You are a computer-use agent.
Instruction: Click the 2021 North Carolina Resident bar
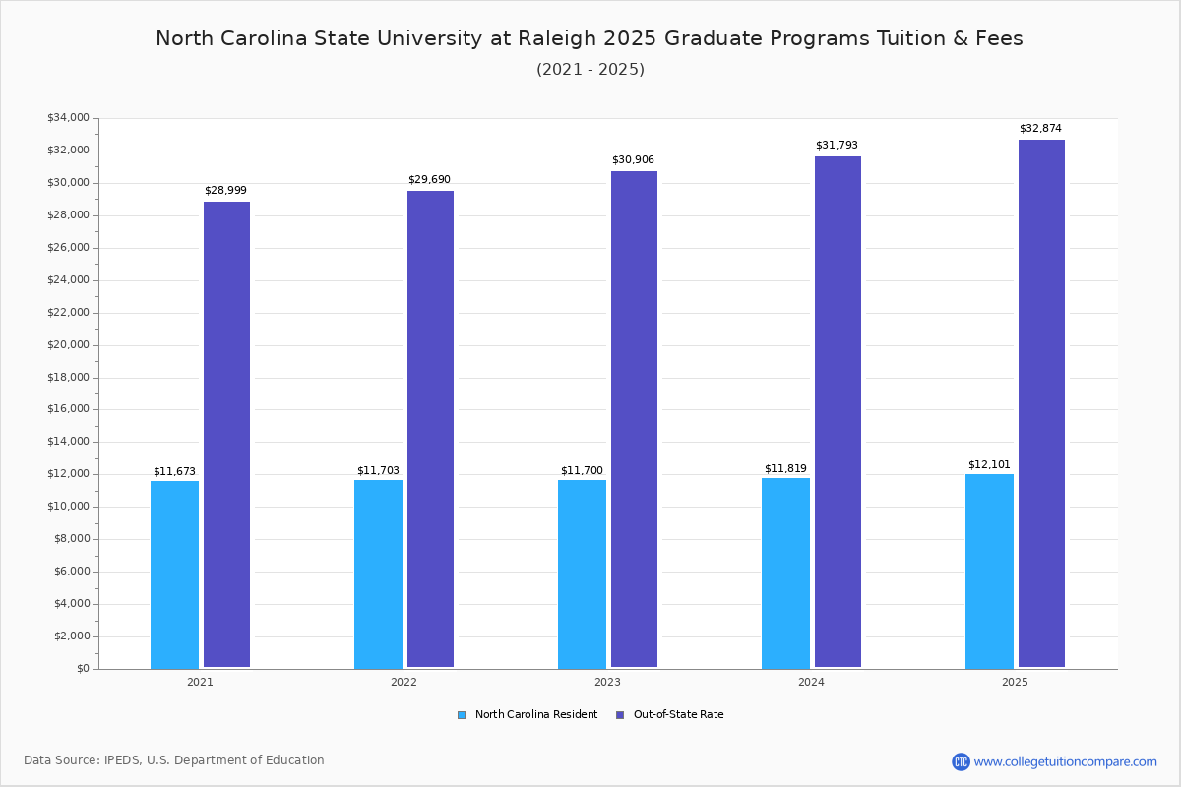174,575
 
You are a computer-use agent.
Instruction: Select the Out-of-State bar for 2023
634,420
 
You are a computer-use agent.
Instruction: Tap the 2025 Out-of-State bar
1041,404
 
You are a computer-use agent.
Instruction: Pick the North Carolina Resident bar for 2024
785,574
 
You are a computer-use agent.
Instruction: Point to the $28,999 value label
225,190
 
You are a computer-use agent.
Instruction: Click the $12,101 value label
989,464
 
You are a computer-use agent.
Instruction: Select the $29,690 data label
429,179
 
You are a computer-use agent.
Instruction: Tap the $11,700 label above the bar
582,471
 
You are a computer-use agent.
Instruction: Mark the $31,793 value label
837,145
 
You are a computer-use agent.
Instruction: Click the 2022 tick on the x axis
404,682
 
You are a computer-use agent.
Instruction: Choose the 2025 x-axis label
1015,682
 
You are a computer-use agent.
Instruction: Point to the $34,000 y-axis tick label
68,118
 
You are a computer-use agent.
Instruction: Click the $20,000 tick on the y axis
68,345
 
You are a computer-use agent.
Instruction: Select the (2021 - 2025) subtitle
590,70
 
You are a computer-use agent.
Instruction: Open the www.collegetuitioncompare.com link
1065,761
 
